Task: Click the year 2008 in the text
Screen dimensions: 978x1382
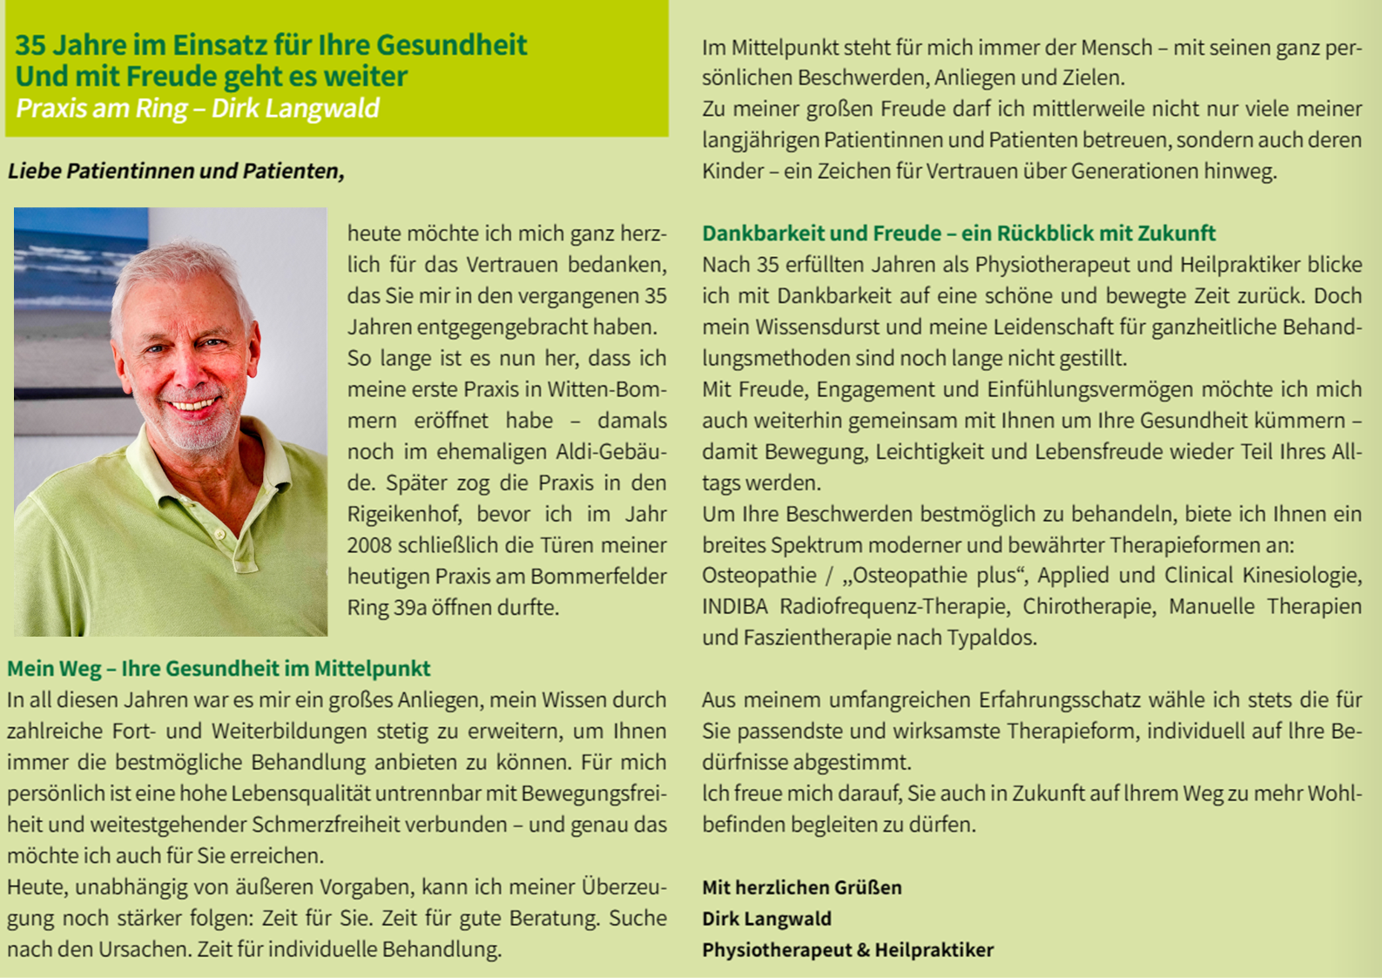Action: click(x=369, y=545)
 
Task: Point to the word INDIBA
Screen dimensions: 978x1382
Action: click(x=735, y=606)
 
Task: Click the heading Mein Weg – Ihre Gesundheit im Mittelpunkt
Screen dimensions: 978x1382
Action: click(x=219, y=669)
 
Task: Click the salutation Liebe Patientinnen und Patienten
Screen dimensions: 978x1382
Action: click(x=176, y=171)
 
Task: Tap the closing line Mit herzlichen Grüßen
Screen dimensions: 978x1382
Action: click(x=801, y=887)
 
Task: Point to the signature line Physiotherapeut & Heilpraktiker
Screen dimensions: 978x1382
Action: click(x=847, y=950)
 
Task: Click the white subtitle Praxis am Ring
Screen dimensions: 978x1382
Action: click(x=198, y=108)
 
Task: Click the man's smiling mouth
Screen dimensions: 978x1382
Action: click(x=194, y=404)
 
